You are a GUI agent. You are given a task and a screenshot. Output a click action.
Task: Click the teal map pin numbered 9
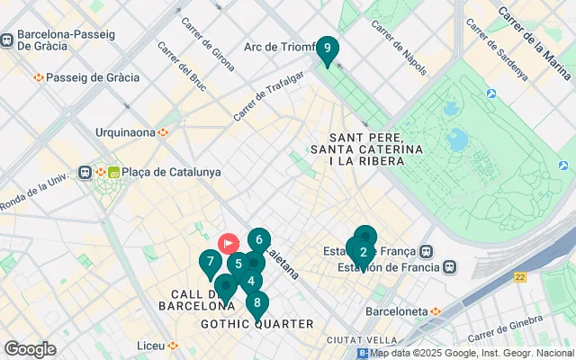click(327, 49)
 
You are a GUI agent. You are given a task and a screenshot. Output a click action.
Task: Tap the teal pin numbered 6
click(259, 240)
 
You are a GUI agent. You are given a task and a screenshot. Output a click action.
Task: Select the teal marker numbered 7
click(210, 263)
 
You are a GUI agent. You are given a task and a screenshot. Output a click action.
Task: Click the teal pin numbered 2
click(363, 253)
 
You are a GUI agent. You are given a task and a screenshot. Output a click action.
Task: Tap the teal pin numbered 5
click(238, 265)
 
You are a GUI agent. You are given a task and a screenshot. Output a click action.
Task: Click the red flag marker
click(229, 242)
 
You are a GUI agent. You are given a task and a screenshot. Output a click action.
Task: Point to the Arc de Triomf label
click(278, 47)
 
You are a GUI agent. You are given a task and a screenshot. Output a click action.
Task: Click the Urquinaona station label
click(126, 132)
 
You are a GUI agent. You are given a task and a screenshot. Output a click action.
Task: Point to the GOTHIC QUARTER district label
click(256, 324)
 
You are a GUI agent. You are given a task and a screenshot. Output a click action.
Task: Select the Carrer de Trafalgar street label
click(270, 98)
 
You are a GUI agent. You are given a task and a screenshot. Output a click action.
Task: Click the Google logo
click(30, 349)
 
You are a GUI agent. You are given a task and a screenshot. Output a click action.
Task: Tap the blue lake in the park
click(458, 139)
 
